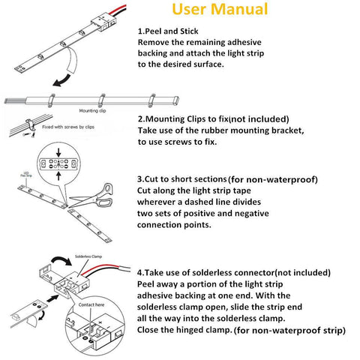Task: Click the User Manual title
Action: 219,10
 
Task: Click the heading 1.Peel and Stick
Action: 174,32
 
